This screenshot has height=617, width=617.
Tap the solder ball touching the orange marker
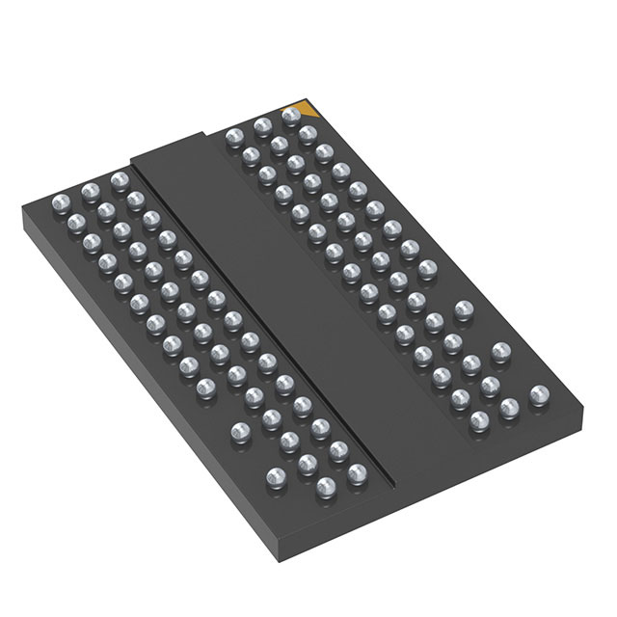click(x=291, y=116)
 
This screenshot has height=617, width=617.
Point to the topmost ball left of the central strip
click(x=118, y=179)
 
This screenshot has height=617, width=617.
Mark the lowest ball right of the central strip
click(x=478, y=420)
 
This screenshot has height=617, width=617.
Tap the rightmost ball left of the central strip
click(x=358, y=471)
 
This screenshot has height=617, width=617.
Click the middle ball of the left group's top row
click(x=92, y=189)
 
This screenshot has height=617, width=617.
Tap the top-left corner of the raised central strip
click(x=130, y=157)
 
